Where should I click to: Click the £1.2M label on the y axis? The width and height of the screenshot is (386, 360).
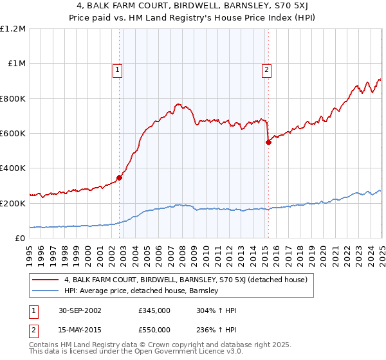13,28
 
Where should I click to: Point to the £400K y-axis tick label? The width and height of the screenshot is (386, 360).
13,168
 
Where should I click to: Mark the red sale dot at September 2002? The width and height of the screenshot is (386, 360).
120,178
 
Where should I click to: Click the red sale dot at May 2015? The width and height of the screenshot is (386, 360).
268,143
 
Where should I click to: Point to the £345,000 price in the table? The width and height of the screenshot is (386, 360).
154,310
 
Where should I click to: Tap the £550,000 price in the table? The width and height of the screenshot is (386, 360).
154,331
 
